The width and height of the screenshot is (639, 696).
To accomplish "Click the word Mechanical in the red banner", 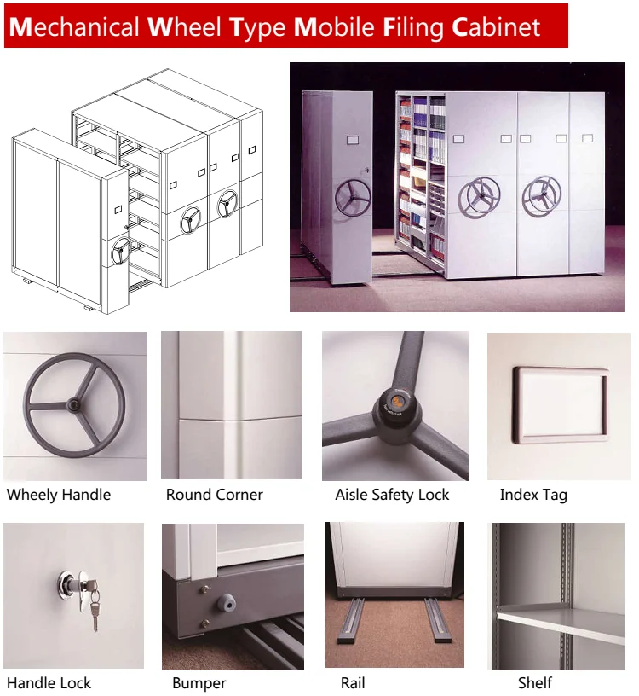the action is pos(73,26).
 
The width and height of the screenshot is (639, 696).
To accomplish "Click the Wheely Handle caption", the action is pos(59,495).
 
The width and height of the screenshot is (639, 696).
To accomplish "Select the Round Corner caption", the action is pos(214,495).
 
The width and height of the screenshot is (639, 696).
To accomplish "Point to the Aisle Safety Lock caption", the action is pos(392,495).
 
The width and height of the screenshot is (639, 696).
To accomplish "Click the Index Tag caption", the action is pos(533,495).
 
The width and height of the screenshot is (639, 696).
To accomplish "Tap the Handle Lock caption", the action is pos(49,682).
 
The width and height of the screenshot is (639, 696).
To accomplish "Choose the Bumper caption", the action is pos(199,683).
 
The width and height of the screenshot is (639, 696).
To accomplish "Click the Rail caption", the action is pos(353,682).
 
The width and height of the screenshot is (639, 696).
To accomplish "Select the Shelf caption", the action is pos(535,682).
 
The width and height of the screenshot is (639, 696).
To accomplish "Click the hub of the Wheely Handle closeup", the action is pos(73,404).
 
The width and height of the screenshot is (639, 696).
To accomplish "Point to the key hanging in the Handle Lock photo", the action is pos(95,612).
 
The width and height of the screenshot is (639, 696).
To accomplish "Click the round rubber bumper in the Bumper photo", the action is pos(226,603).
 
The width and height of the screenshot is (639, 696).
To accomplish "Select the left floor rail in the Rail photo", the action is pos(349,622).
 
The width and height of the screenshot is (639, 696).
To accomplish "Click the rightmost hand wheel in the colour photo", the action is pos(541,196).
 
